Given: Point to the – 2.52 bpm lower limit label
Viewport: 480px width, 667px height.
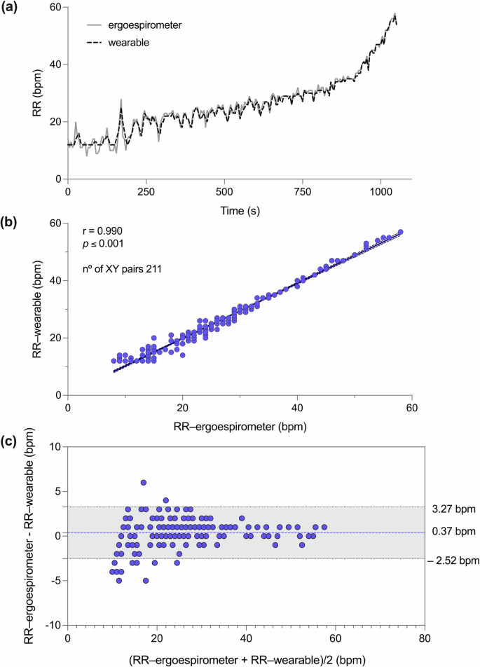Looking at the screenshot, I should pos(451,561).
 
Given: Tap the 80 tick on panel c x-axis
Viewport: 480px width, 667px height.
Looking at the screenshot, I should pos(424,639).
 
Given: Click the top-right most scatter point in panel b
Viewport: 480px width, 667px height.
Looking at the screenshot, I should pos(401,232).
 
